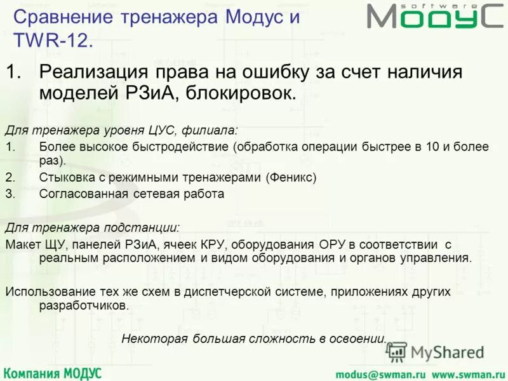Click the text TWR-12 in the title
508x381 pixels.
(x=53, y=41)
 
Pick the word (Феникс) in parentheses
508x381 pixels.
(x=290, y=178)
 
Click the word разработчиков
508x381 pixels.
(x=83, y=305)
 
